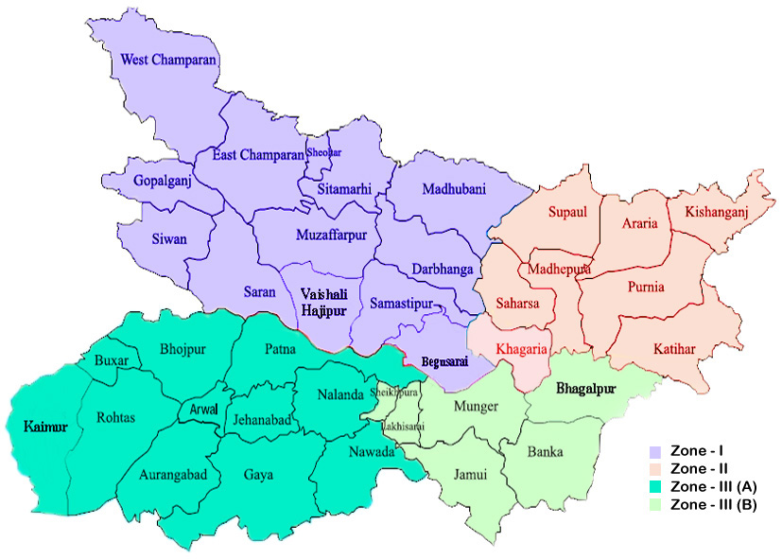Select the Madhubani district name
click(x=438, y=186)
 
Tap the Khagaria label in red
click(x=521, y=349)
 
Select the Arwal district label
click(x=202, y=411)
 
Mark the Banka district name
click(x=545, y=451)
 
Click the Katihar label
click(x=674, y=349)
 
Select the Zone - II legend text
click(x=699, y=469)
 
